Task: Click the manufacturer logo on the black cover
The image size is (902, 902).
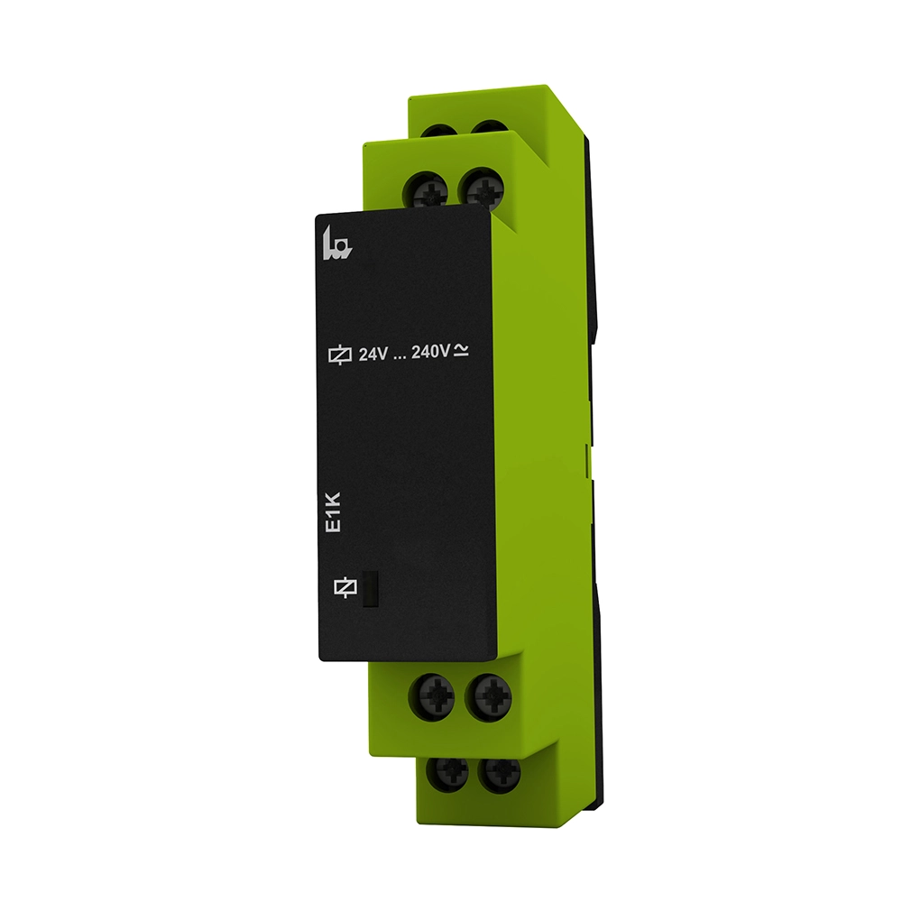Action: (336, 244)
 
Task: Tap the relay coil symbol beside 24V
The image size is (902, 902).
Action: (339, 354)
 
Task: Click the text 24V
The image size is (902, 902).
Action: (373, 354)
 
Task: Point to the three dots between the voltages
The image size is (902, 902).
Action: (400, 357)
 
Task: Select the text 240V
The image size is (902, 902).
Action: (430, 351)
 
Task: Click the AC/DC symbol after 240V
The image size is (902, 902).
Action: (461, 350)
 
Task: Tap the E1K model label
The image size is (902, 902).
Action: (334, 511)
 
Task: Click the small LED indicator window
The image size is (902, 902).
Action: (370, 589)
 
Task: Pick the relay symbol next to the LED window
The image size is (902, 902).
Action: (345, 587)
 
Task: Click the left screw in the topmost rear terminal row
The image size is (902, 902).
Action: (437, 132)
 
